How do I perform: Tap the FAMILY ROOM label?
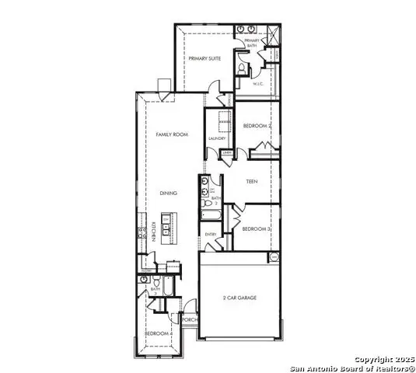pos(172,134)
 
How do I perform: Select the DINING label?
pos(169,193)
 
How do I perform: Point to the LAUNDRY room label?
pos(217,138)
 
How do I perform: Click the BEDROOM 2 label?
pos(257,126)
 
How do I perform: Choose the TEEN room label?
pos(252,182)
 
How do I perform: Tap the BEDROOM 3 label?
pos(256,229)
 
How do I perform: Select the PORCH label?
pos(189,319)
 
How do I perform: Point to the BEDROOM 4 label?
pos(158,333)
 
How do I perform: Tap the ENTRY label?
pos(210,234)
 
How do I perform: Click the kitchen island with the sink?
pos(166,227)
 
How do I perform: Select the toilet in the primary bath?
pos(242,71)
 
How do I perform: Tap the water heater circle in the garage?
pos(273,257)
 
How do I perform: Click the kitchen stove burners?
pos(142,231)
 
